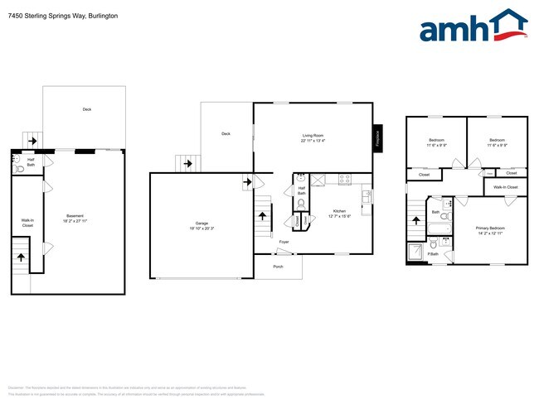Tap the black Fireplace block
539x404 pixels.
[378, 137]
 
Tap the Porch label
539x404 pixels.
[278, 267]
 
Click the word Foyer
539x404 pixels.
[284, 243]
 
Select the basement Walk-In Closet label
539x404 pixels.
[27, 222]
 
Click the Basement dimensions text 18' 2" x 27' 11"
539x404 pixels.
[75, 221]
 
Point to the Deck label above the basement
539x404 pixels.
[86, 109]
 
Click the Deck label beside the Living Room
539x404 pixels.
[225, 133]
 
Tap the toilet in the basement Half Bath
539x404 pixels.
[18, 168]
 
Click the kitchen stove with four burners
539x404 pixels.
[344, 178]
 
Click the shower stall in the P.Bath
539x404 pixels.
[415, 252]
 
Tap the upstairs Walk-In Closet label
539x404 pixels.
[505, 187]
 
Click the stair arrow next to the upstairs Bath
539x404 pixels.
[416, 222]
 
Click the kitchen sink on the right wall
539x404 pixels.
[365, 196]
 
